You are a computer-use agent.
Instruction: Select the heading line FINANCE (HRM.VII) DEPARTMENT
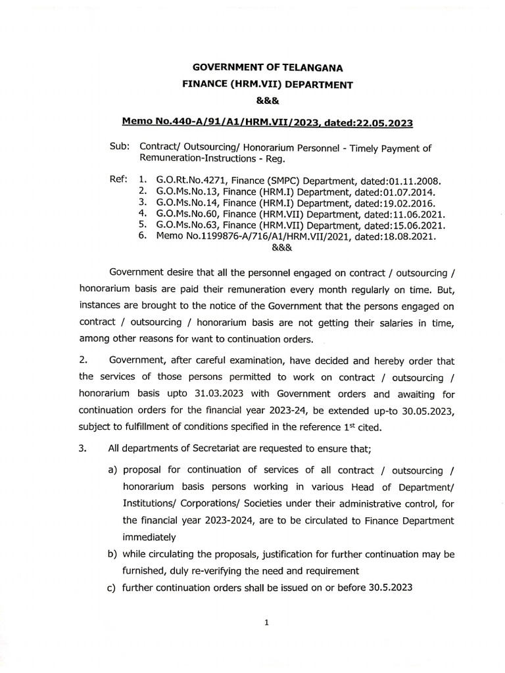tap(268, 84)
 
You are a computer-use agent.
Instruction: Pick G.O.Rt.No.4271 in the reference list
tap(191, 179)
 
